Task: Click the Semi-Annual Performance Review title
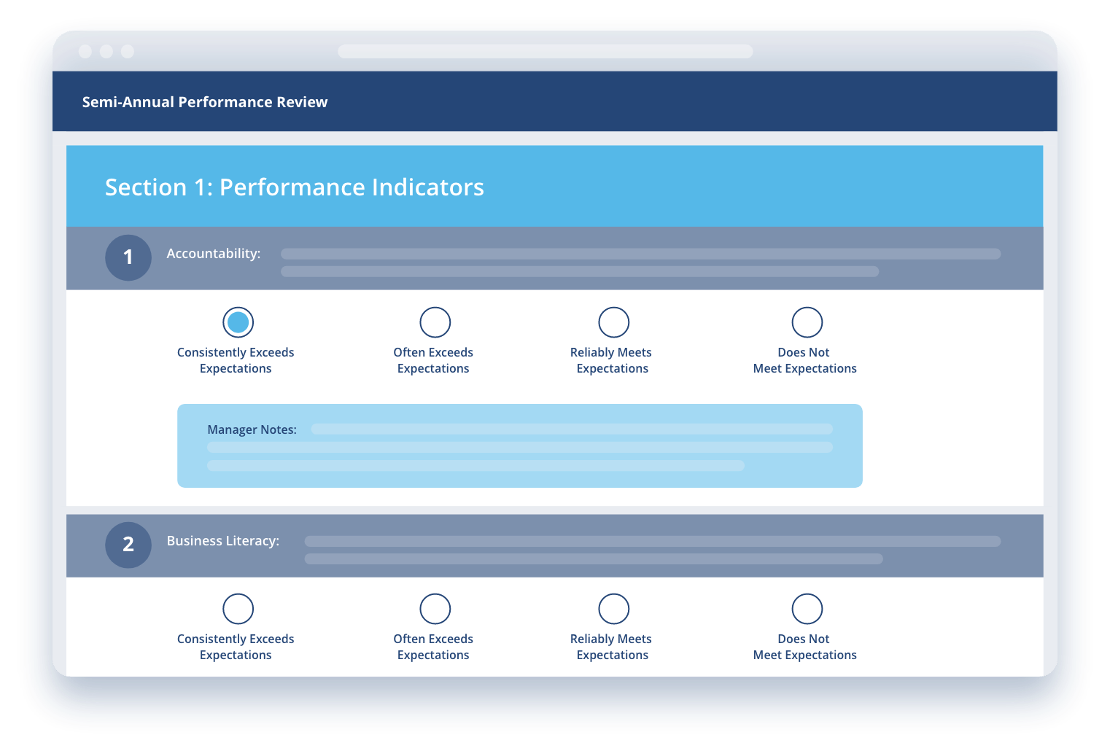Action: (x=205, y=101)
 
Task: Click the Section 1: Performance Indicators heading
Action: (x=295, y=187)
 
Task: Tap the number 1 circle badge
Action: (x=128, y=257)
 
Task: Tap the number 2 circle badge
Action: (x=128, y=545)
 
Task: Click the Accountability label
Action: (x=214, y=254)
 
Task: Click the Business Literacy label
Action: (x=223, y=540)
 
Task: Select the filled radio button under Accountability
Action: (x=238, y=322)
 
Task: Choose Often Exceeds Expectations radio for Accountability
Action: (x=435, y=322)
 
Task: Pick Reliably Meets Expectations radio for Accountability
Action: (x=614, y=322)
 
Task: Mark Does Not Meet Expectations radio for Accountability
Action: (x=807, y=322)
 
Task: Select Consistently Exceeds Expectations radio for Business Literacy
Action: (x=238, y=608)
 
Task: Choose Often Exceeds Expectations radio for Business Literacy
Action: (x=435, y=608)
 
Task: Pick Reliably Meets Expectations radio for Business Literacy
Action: (x=614, y=608)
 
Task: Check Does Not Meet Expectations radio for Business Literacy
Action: (x=807, y=608)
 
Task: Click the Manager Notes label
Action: (x=252, y=429)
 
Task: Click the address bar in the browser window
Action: (x=545, y=52)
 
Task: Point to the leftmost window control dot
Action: (x=85, y=52)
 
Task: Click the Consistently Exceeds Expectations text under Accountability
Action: (x=236, y=360)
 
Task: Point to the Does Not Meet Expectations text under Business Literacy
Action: (x=804, y=647)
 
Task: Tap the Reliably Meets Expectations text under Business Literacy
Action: (x=611, y=647)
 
